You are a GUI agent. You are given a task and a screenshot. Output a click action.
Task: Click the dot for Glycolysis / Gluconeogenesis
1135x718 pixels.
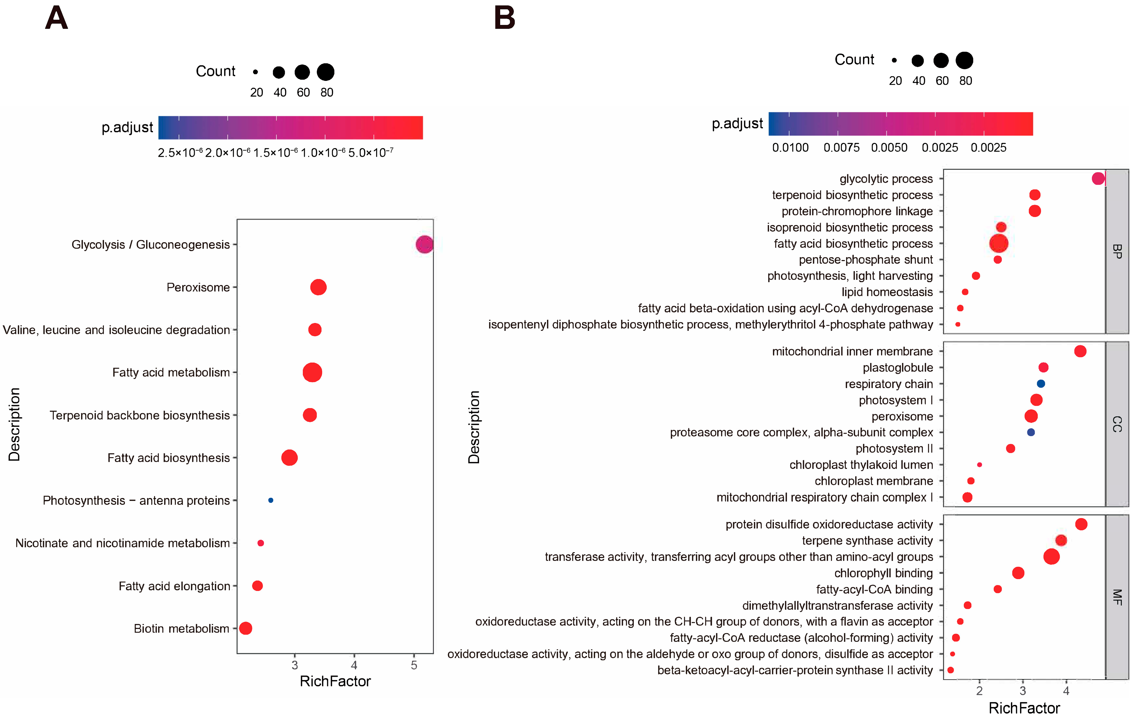point(424,244)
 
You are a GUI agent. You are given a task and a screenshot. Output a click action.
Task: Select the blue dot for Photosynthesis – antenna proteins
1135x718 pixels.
point(270,500)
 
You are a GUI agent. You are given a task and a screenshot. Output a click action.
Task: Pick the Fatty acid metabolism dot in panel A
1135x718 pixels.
point(312,372)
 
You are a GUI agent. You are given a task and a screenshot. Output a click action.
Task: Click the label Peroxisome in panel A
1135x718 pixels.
point(198,287)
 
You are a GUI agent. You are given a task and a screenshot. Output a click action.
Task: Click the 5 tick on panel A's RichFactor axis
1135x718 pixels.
point(414,665)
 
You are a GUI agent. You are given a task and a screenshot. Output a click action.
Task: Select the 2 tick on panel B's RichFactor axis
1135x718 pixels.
point(979,691)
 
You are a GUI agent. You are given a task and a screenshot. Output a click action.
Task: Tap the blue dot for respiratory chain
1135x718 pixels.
point(1041,384)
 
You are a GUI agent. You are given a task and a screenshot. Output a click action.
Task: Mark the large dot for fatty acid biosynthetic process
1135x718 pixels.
point(998,243)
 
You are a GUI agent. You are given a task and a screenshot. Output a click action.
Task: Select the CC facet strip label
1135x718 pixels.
point(1117,424)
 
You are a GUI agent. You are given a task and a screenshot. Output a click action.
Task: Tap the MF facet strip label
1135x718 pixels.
point(1117,597)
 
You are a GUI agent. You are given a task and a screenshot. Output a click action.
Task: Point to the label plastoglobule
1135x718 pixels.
point(898,367)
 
